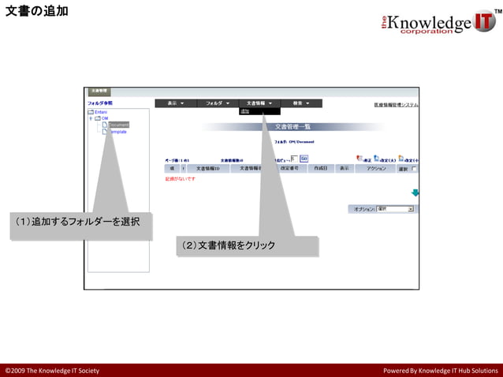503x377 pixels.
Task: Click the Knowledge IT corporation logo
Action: coord(438,22)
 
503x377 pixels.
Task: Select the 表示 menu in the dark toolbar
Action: coord(176,103)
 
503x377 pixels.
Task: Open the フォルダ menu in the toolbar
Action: coord(217,103)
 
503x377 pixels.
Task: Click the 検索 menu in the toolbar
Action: coord(301,103)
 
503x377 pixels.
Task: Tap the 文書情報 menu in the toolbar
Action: coord(259,103)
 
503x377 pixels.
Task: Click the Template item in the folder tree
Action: coord(117,132)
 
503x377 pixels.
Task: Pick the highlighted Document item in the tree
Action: coord(118,125)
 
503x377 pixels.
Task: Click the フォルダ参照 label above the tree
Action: coord(100,103)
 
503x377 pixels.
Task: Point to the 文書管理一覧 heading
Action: coord(292,126)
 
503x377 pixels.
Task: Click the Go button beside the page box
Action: coord(304,159)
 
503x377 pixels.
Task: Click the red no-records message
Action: coord(181,179)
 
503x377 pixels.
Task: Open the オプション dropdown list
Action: coord(395,209)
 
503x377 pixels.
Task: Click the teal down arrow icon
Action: coord(415,192)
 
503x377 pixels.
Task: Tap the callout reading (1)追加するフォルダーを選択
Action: coord(78,222)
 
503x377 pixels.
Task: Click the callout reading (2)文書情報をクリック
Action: coord(229,245)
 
